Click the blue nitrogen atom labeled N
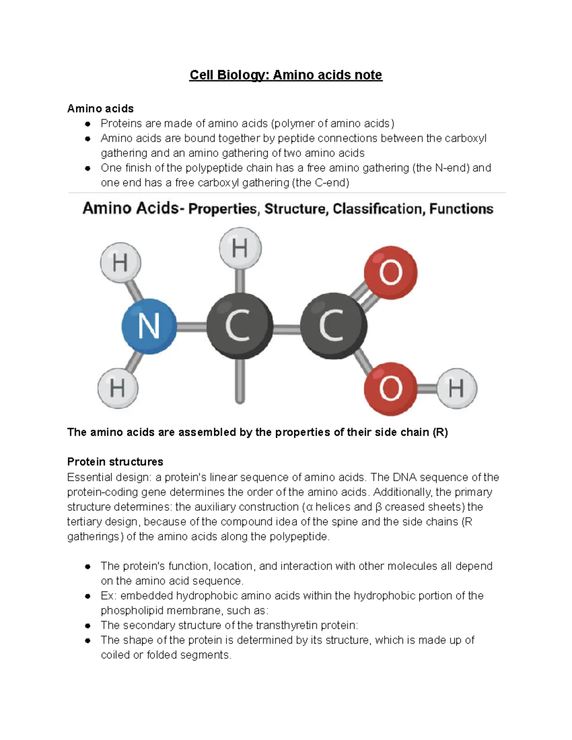tap(149, 326)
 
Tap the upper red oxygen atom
tap(390, 273)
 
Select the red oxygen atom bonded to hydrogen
tap(390, 388)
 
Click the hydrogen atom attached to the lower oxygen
tap(457, 388)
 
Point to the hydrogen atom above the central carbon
tap(240, 248)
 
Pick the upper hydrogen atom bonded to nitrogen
tap(121, 263)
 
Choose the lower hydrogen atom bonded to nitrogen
tap(118, 388)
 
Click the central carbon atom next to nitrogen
tap(239, 326)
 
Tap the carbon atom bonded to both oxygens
tap(333, 326)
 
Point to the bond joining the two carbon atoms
tap(286, 327)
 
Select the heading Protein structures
tap(115, 462)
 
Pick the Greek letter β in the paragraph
tap(378, 507)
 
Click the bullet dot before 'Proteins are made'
tap(88, 124)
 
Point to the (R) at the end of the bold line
tap(440, 432)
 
